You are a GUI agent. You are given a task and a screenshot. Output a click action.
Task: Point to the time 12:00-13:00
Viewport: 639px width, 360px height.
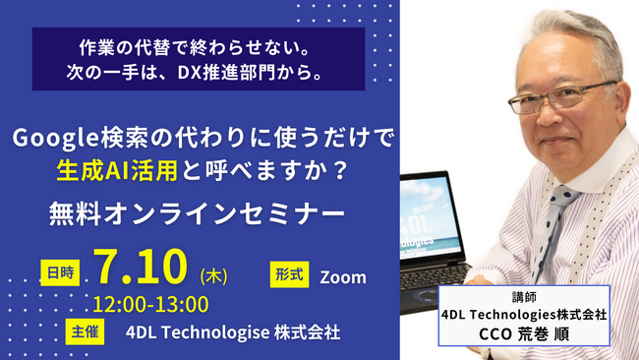point(151,304)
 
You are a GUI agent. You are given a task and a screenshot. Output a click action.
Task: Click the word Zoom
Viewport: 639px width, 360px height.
point(344,276)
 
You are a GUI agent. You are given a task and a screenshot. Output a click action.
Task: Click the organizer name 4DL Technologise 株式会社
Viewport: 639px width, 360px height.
point(234,331)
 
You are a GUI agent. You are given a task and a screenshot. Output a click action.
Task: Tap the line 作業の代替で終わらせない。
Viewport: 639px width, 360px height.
point(198,47)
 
